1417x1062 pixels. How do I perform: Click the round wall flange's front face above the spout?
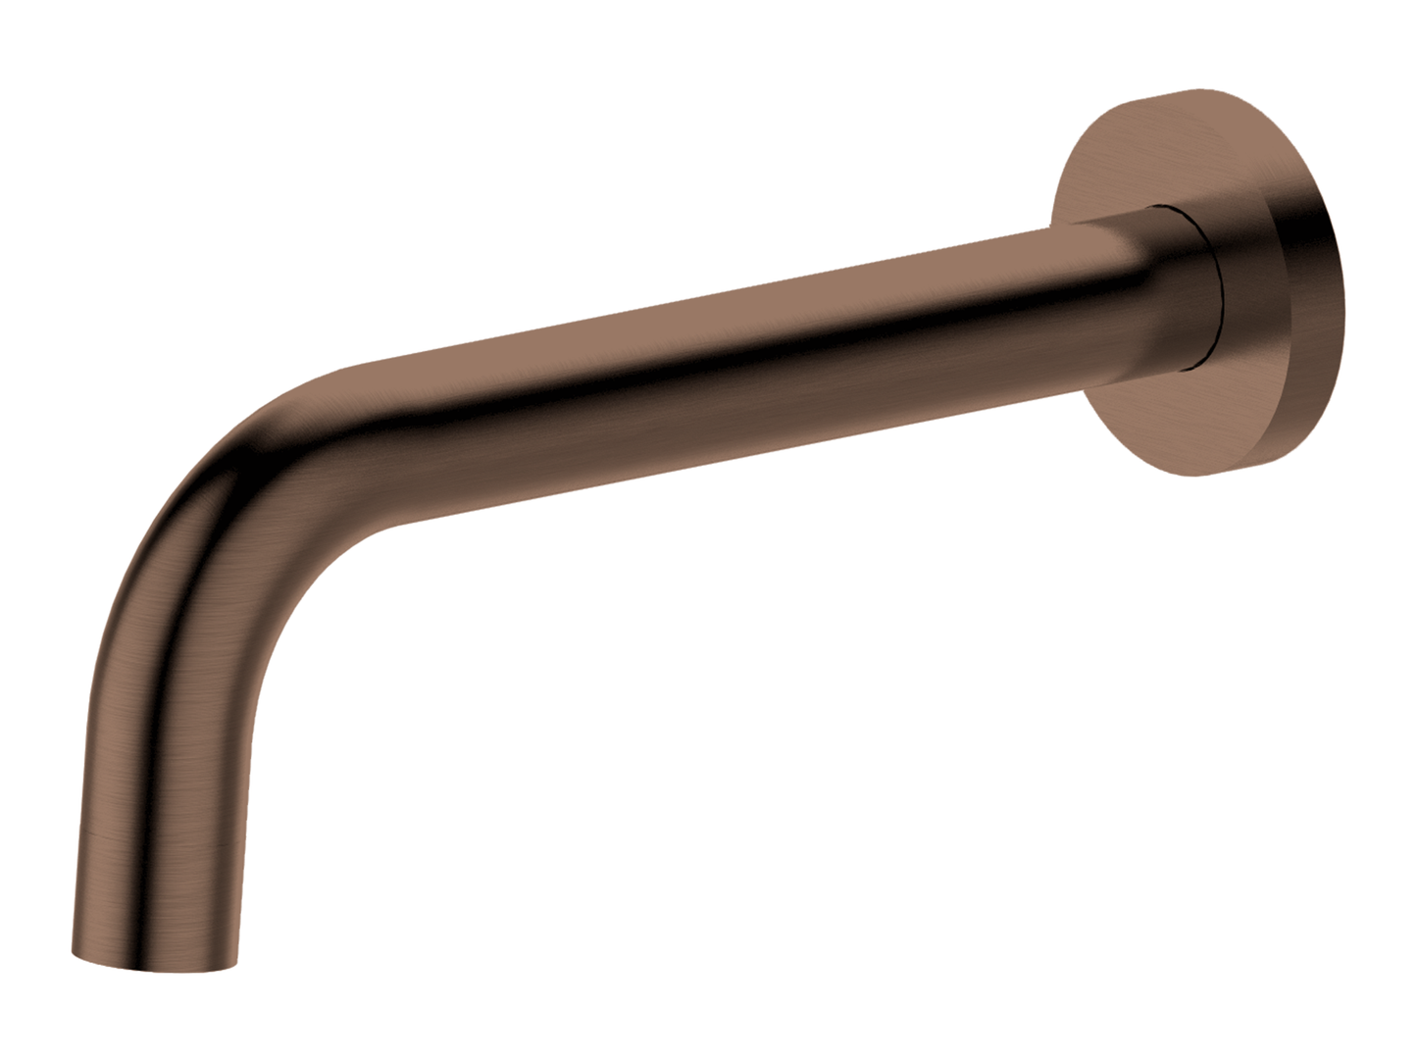click(x=1128, y=167)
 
